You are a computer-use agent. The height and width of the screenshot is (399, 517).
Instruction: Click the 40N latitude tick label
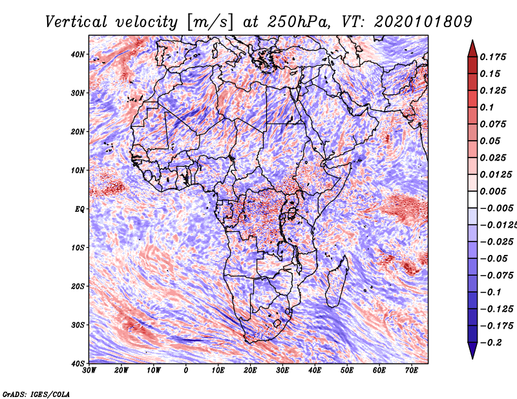78,54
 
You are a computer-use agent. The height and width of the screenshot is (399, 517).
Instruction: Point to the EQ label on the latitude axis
79,209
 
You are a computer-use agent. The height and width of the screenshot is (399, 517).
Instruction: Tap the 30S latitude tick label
78,325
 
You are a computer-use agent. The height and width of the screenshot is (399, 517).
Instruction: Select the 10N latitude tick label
78,170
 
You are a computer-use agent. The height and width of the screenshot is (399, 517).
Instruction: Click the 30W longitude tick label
89,371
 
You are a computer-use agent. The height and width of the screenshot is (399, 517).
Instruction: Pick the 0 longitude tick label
186,371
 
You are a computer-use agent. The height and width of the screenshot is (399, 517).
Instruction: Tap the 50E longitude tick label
347,371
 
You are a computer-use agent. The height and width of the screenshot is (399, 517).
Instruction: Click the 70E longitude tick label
412,371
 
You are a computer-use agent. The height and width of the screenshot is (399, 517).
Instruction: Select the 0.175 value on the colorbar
493,57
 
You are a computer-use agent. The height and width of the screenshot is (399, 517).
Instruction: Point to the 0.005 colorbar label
493,191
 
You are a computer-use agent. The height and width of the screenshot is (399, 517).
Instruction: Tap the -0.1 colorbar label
491,292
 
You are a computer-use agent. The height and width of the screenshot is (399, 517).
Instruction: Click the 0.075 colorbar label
493,124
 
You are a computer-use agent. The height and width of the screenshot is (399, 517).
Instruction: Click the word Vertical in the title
76,21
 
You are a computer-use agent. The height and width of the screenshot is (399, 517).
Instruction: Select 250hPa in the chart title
298,21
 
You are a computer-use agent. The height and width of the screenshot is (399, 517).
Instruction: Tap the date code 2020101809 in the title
423,21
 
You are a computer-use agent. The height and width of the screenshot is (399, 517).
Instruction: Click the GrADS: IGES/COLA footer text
36,394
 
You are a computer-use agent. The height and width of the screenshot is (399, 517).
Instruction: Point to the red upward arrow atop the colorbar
472,49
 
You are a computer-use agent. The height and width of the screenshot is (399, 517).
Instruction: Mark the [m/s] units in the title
210,22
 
